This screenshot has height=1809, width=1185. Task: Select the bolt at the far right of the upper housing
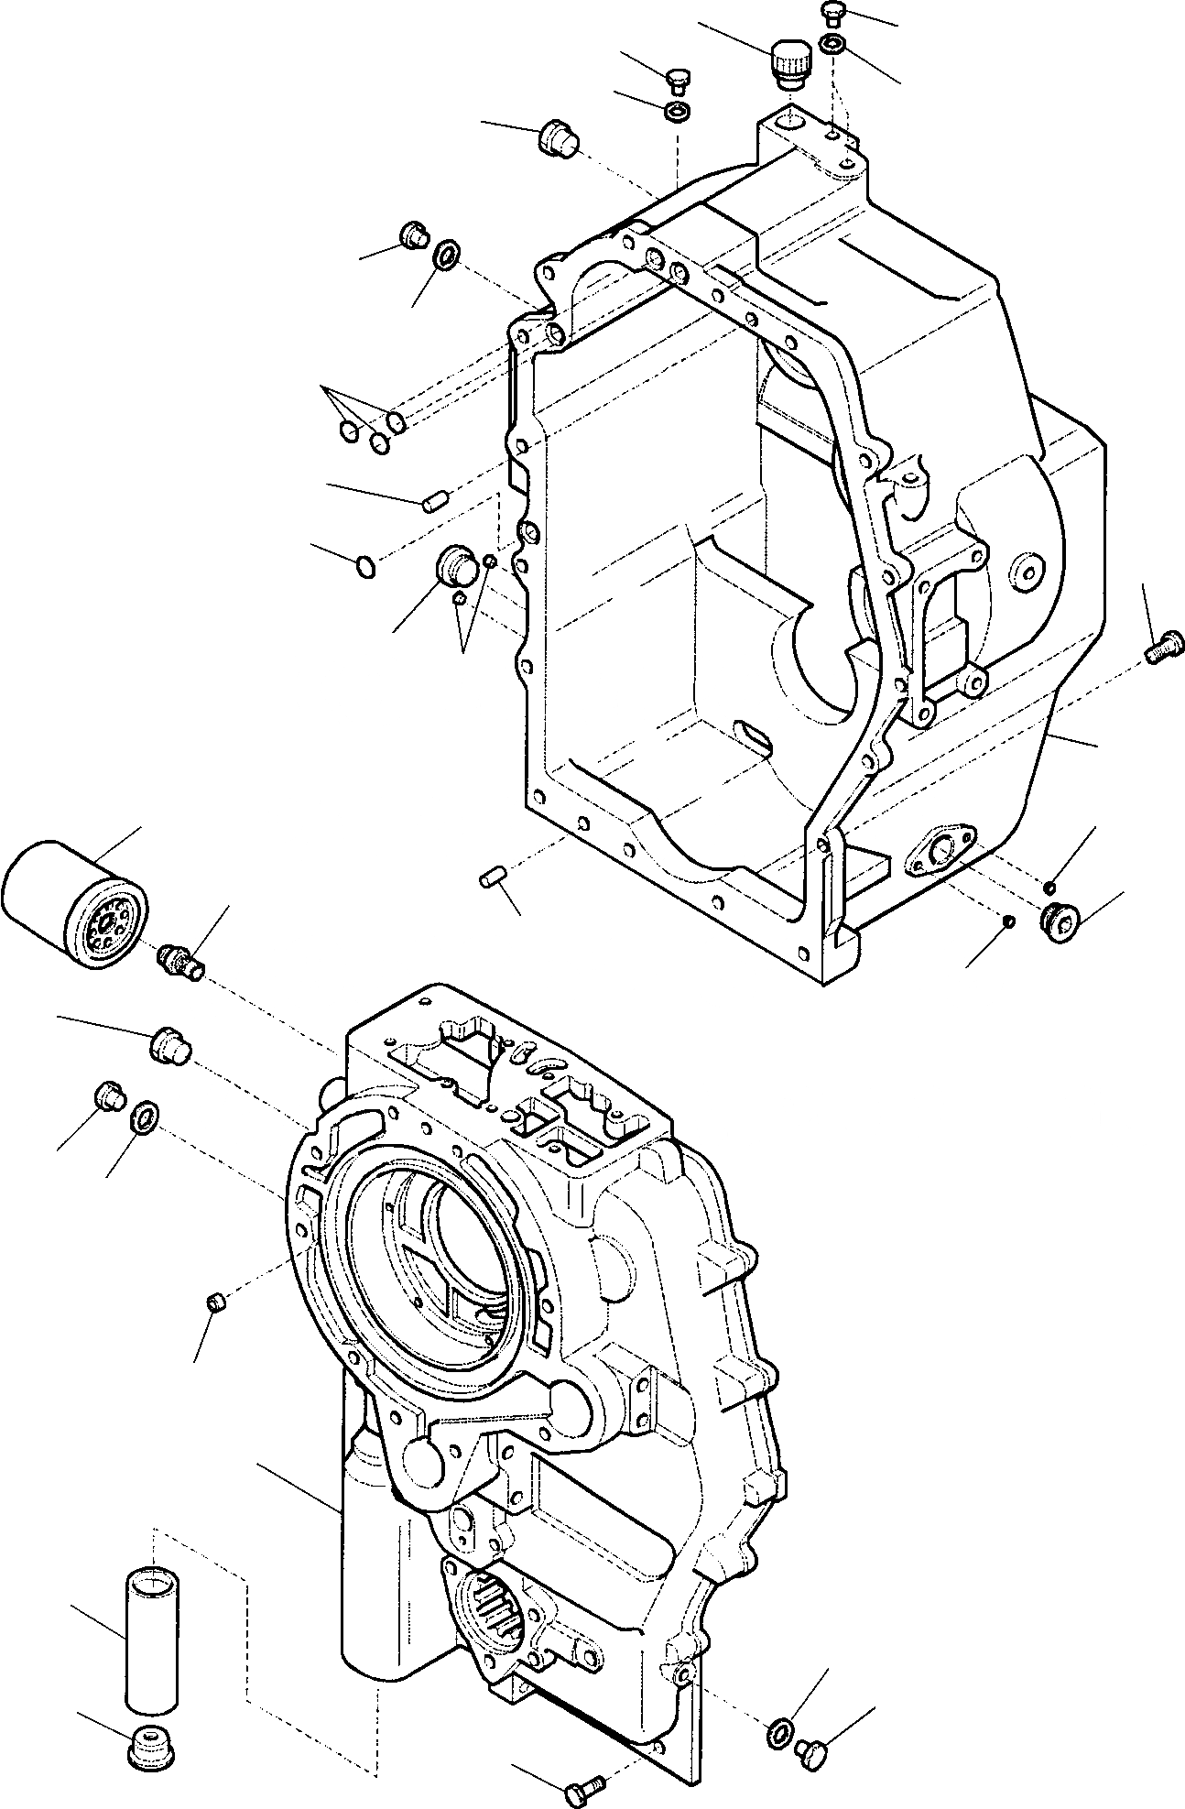point(1164,648)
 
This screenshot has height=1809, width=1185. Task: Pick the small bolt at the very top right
point(832,14)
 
